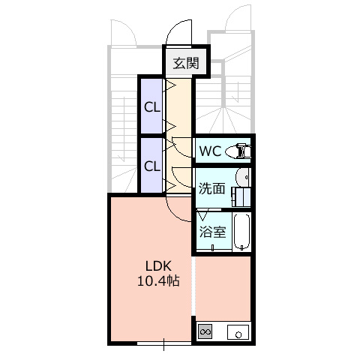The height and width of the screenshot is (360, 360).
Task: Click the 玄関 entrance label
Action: (186, 63)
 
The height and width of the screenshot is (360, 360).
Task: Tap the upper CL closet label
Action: (152, 107)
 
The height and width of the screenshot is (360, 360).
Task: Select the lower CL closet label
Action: (152, 166)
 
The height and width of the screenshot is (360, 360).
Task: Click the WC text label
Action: (210, 151)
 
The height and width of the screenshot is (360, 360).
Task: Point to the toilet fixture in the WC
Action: (238, 151)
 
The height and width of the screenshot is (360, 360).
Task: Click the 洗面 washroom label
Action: (212, 188)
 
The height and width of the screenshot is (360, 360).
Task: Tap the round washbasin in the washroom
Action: (242, 177)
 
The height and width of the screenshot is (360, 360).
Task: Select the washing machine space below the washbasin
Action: (241, 197)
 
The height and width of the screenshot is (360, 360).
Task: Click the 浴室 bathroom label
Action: (212, 232)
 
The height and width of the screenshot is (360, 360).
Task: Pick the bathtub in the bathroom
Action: (241, 232)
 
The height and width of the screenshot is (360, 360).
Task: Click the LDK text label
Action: (158, 266)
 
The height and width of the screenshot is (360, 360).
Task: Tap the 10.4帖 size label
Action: (158, 281)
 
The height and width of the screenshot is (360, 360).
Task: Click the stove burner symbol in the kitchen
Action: (205, 332)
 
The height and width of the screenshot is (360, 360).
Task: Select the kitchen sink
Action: (238, 332)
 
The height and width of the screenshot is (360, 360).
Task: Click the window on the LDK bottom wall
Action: (164, 343)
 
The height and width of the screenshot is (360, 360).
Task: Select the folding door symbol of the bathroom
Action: (202, 214)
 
